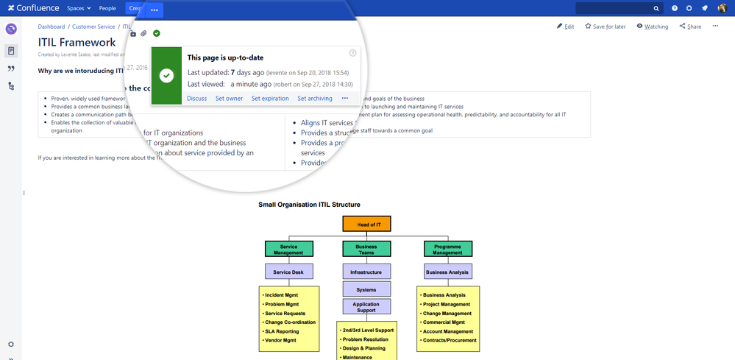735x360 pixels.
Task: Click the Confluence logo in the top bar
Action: [33, 8]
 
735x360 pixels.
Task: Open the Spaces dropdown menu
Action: [78, 8]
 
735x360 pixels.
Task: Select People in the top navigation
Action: [107, 8]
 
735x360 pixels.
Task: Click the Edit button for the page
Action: [565, 27]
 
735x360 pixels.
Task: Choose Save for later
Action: [605, 27]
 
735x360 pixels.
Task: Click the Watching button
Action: [652, 27]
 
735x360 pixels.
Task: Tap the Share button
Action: [690, 27]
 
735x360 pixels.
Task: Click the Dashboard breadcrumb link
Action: [52, 27]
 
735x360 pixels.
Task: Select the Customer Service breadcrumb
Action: [93, 27]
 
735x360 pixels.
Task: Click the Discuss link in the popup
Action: [197, 98]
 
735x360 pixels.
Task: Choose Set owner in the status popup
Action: [229, 98]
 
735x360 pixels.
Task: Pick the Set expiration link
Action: [270, 98]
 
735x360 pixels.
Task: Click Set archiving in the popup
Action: [315, 98]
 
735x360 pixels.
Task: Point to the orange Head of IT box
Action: [366, 224]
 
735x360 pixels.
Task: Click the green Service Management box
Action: [289, 249]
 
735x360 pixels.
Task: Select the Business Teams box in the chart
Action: [366, 249]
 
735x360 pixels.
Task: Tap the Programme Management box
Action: [448, 249]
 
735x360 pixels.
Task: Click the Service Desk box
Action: [289, 272]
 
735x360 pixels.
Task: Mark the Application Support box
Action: [366, 306]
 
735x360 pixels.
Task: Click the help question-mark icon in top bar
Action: [674, 8]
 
